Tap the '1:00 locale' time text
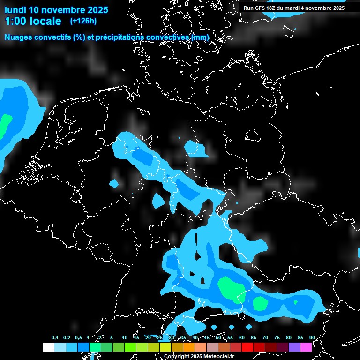click(x=33, y=21)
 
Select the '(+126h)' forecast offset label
click(x=83, y=21)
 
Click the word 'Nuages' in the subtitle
click(x=18, y=37)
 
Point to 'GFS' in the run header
click(x=260, y=8)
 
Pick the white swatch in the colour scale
click(x=48, y=347)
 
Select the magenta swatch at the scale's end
click(x=306, y=347)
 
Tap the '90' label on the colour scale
click(x=312, y=337)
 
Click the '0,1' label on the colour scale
click(x=55, y=337)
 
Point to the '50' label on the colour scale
click(x=218, y=337)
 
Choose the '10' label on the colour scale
click(x=125, y=337)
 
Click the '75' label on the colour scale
click(x=277, y=337)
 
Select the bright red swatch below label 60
click(x=247, y=347)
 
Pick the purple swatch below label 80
click(x=294, y=347)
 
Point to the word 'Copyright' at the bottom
click(x=177, y=356)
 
